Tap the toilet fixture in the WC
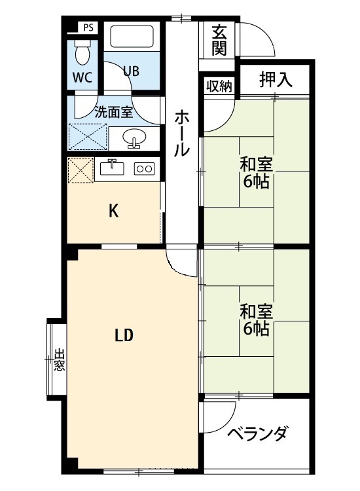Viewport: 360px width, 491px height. pyautogui.click(x=82, y=48)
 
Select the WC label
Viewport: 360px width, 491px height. pyautogui.click(x=82, y=77)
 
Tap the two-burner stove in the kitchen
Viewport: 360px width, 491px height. pyautogui.click(x=144, y=168)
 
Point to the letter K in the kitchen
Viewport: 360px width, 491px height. pyautogui.click(x=113, y=211)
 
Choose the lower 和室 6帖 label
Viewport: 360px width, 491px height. pyautogui.click(x=255, y=319)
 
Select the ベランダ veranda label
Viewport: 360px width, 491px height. pyautogui.click(x=257, y=434)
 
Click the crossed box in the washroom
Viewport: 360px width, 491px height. pyautogui.click(x=88, y=137)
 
